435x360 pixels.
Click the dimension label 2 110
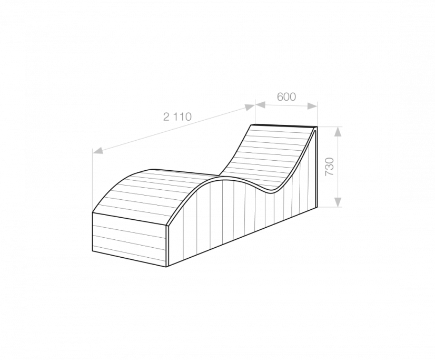point(177,117)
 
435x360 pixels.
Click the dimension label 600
point(286,97)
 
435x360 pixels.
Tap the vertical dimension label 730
point(330,167)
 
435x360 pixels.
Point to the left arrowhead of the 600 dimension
point(260,105)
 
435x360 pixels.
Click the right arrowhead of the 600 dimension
point(312,105)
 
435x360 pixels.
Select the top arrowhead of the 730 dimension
point(338,132)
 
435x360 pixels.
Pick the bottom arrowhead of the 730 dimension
point(338,201)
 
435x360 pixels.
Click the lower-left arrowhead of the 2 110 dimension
point(98,150)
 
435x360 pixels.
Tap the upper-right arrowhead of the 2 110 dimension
point(250,107)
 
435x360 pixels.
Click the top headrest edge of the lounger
point(283,125)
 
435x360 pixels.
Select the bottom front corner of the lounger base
point(166,267)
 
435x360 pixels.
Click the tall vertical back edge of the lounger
point(317,167)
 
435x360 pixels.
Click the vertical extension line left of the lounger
point(92,180)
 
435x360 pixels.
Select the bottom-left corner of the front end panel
point(92,251)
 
